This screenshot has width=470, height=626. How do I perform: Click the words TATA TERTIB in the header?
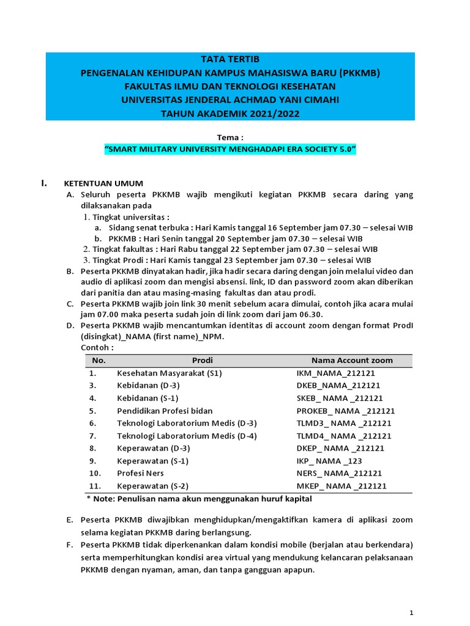pos(230,59)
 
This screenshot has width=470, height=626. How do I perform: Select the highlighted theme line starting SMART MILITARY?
pos(230,150)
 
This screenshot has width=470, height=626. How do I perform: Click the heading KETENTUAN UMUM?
pos(104,183)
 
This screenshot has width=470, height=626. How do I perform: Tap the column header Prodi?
pos(202,361)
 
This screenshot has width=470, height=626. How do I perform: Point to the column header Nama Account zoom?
pos(352,361)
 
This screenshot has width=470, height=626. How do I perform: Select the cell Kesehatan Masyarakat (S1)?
pos(169,372)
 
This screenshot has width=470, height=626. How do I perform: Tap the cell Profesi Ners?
pos(140,473)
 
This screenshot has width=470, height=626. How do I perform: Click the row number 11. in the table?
pos(94,486)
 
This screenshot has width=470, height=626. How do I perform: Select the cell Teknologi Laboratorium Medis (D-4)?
pos(187,436)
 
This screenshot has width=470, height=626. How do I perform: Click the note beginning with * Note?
pos(199,499)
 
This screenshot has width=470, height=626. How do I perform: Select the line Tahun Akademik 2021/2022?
pos(230,113)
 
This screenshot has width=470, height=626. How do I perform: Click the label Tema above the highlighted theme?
pos(230,138)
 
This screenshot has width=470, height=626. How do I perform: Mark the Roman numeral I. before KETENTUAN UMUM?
pos(43,182)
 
